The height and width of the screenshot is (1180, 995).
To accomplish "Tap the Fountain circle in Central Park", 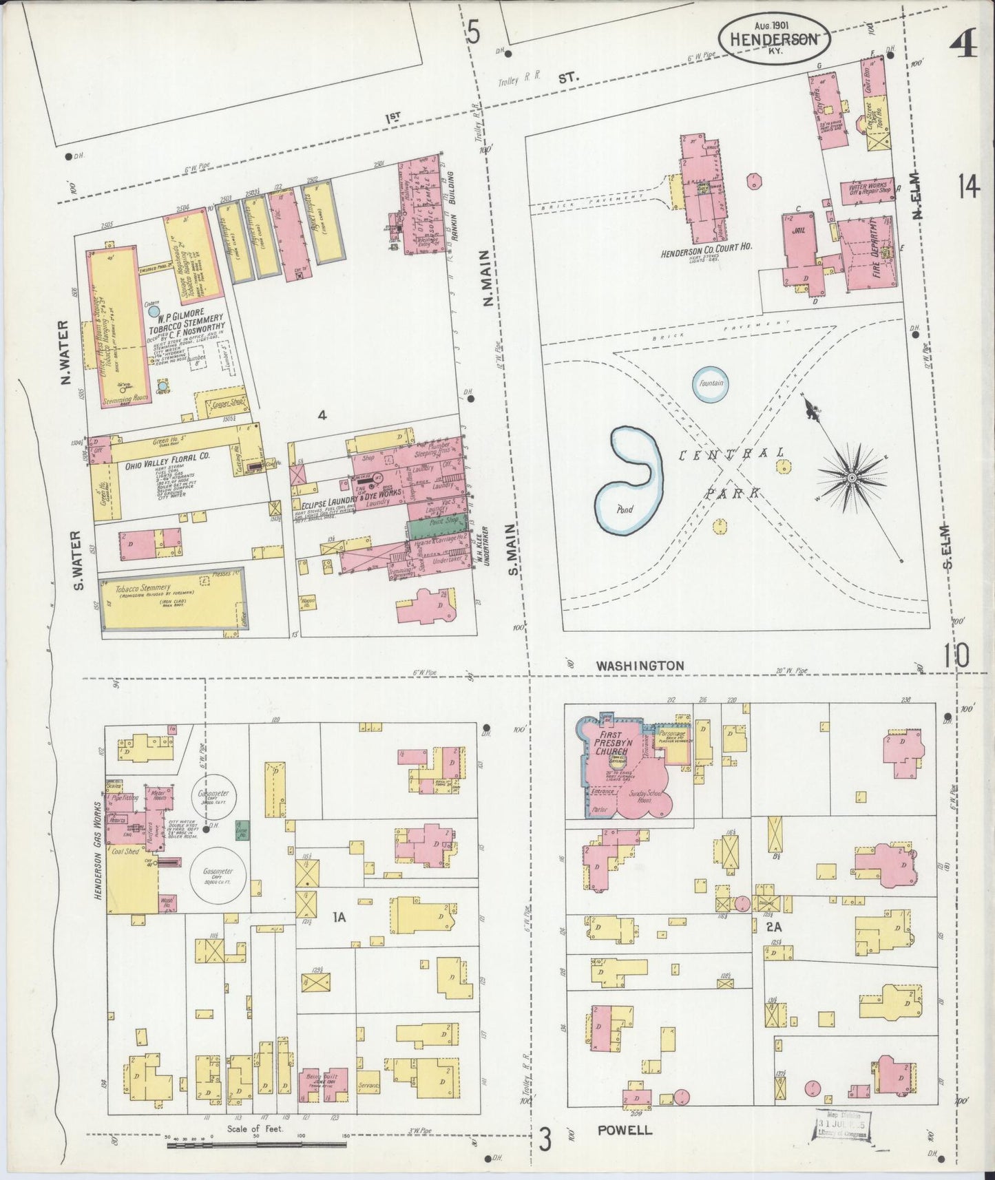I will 711,383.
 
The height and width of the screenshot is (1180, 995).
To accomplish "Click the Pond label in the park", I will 624,511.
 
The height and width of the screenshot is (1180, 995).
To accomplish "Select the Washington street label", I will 640,666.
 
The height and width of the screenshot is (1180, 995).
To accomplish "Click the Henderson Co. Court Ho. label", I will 700,253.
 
